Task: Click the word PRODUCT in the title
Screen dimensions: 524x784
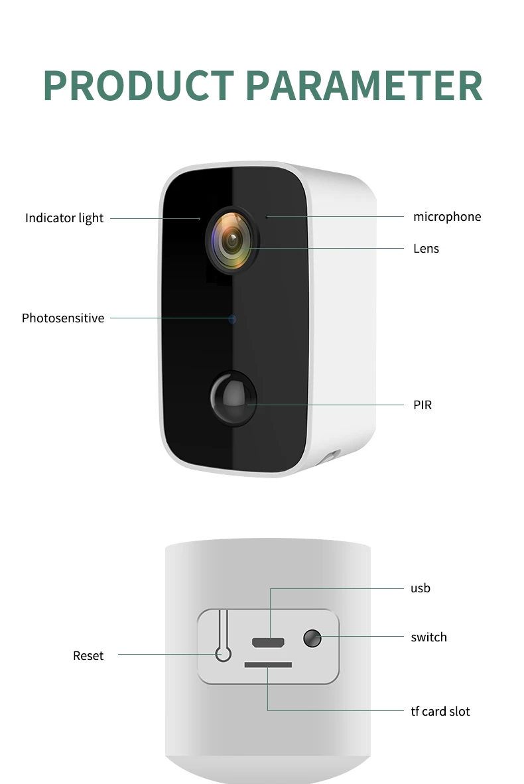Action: click(138, 85)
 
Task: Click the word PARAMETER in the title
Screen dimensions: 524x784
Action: click(363, 85)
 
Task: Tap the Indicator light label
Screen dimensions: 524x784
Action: click(64, 218)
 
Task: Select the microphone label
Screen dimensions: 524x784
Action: click(446, 216)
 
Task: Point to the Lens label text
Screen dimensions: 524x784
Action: click(426, 248)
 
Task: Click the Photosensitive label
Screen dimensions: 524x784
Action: click(63, 318)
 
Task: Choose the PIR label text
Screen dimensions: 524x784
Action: click(422, 405)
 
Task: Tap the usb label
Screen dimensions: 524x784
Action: click(420, 588)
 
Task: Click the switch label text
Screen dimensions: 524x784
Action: click(428, 637)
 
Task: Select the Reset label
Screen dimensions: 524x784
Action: click(88, 655)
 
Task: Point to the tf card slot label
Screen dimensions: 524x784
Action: click(440, 711)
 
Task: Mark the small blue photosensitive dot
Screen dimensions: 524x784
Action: click(232, 319)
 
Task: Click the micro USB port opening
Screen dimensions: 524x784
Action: click(268, 642)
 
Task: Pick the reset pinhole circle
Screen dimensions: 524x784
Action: click(224, 655)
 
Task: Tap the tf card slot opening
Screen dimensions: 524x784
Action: click(268, 664)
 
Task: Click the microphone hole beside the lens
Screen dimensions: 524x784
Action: click(267, 216)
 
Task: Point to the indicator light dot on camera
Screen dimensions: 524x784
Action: click(199, 218)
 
